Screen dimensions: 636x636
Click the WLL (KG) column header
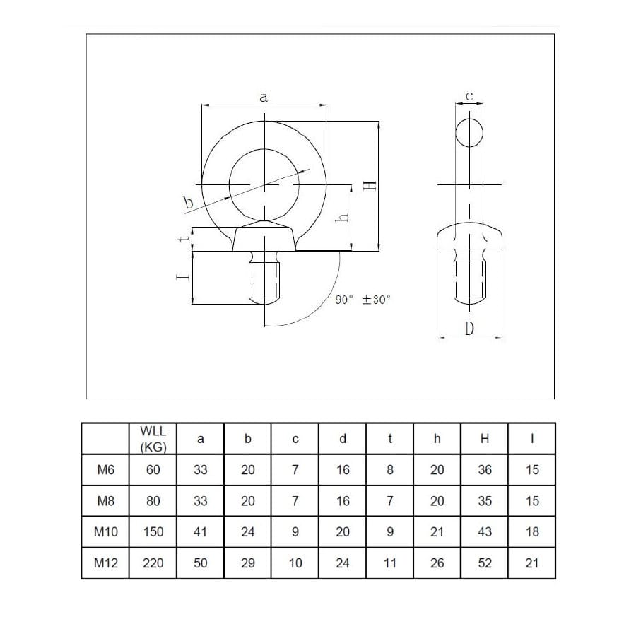click(153, 438)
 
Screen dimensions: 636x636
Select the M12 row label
click(105, 563)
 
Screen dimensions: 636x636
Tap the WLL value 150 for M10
click(153, 531)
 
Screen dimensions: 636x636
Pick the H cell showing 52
click(485, 563)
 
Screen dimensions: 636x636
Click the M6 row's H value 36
click(485, 470)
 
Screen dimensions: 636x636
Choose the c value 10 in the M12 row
click(295, 563)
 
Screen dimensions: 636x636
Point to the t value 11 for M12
click(390, 563)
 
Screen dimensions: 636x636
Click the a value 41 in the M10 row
click(201, 531)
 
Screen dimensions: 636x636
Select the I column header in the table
click(532, 438)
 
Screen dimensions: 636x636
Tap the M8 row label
click(105, 501)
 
